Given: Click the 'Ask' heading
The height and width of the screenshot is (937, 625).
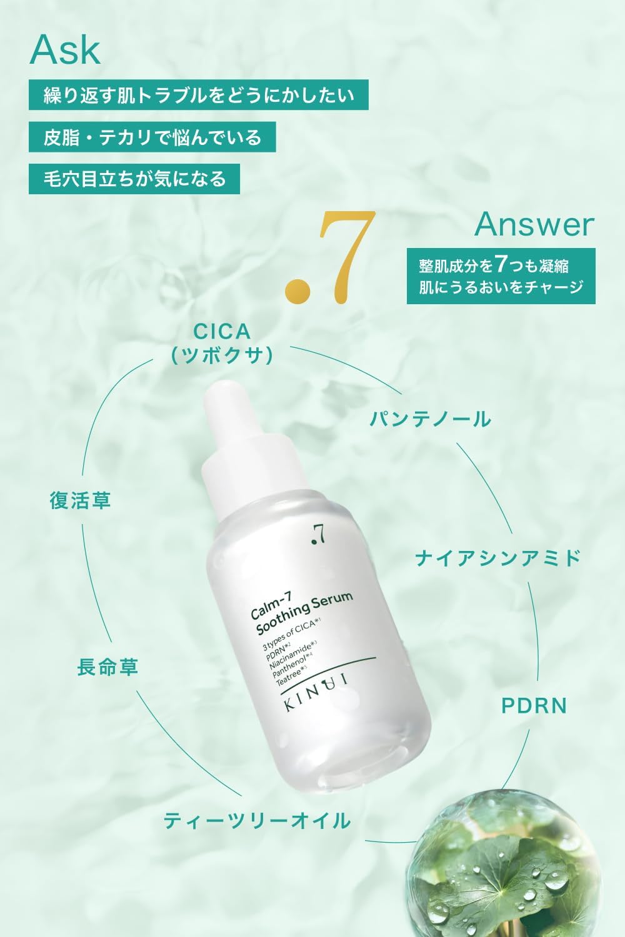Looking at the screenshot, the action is (x=65, y=50).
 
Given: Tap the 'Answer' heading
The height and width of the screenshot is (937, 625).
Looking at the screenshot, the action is (x=534, y=224).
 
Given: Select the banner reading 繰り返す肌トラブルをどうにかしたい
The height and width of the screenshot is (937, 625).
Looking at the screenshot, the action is (x=198, y=95).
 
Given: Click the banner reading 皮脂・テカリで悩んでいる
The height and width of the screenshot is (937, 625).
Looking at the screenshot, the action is (x=152, y=137).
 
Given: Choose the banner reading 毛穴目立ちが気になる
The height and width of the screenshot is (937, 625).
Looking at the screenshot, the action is (x=134, y=179).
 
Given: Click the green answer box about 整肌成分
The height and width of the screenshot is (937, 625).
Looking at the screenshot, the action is (x=501, y=276).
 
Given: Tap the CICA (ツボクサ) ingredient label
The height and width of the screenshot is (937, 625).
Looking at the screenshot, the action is (x=222, y=344).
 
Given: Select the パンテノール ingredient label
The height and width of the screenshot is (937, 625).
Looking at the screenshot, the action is (x=431, y=419).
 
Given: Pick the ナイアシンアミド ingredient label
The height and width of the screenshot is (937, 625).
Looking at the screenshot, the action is (x=498, y=558).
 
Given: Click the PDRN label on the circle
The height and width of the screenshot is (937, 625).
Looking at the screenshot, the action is (x=534, y=706).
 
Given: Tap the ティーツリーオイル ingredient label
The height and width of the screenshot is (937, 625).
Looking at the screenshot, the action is (x=257, y=820).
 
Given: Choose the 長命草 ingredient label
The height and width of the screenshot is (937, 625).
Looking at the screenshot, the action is (x=107, y=667).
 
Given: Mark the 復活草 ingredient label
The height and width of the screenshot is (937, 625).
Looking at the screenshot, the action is (x=81, y=500).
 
